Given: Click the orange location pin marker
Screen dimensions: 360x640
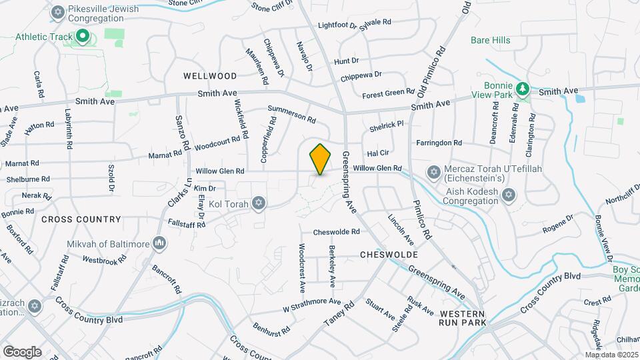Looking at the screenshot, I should pyautogui.click(x=320, y=159).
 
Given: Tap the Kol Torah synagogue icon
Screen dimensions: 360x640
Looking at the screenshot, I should pyautogui.click(x=258, y=203).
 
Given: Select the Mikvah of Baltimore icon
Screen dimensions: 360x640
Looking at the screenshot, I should pyautogui.click(x=159, y=243).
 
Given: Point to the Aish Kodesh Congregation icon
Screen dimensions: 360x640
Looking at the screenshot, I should pyautogui.click(x=509, y=195).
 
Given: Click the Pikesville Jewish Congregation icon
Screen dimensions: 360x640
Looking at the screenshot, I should pyautogui.click(x=58, y=12).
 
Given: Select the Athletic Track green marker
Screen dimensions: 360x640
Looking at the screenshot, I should pyautogui.click(x=83, y=36).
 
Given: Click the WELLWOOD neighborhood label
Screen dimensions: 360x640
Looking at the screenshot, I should pyautogui.click(x=210, y=77).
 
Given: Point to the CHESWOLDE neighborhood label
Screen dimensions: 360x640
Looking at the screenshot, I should pyautogui.click(x=389, y=255).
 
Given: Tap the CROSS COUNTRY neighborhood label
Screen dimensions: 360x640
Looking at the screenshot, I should pyautogui.click(x=81, y=219).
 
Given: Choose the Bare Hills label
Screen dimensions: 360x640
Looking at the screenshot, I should pyautogui.click(x=490, y=40).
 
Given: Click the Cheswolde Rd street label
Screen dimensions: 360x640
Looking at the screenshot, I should pyautogui.click(x=337, y=233).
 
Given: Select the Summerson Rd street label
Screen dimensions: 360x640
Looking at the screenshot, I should pyautogui.click(x=291, y=113).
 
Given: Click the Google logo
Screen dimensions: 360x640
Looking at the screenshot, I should pyautogui.click(x=22, y=351).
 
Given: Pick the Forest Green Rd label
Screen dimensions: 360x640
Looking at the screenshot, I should pyautogui.click(x=388, y=93).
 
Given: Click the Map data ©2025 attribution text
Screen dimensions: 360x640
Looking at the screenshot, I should pyautogui.click(x=611, y=355).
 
